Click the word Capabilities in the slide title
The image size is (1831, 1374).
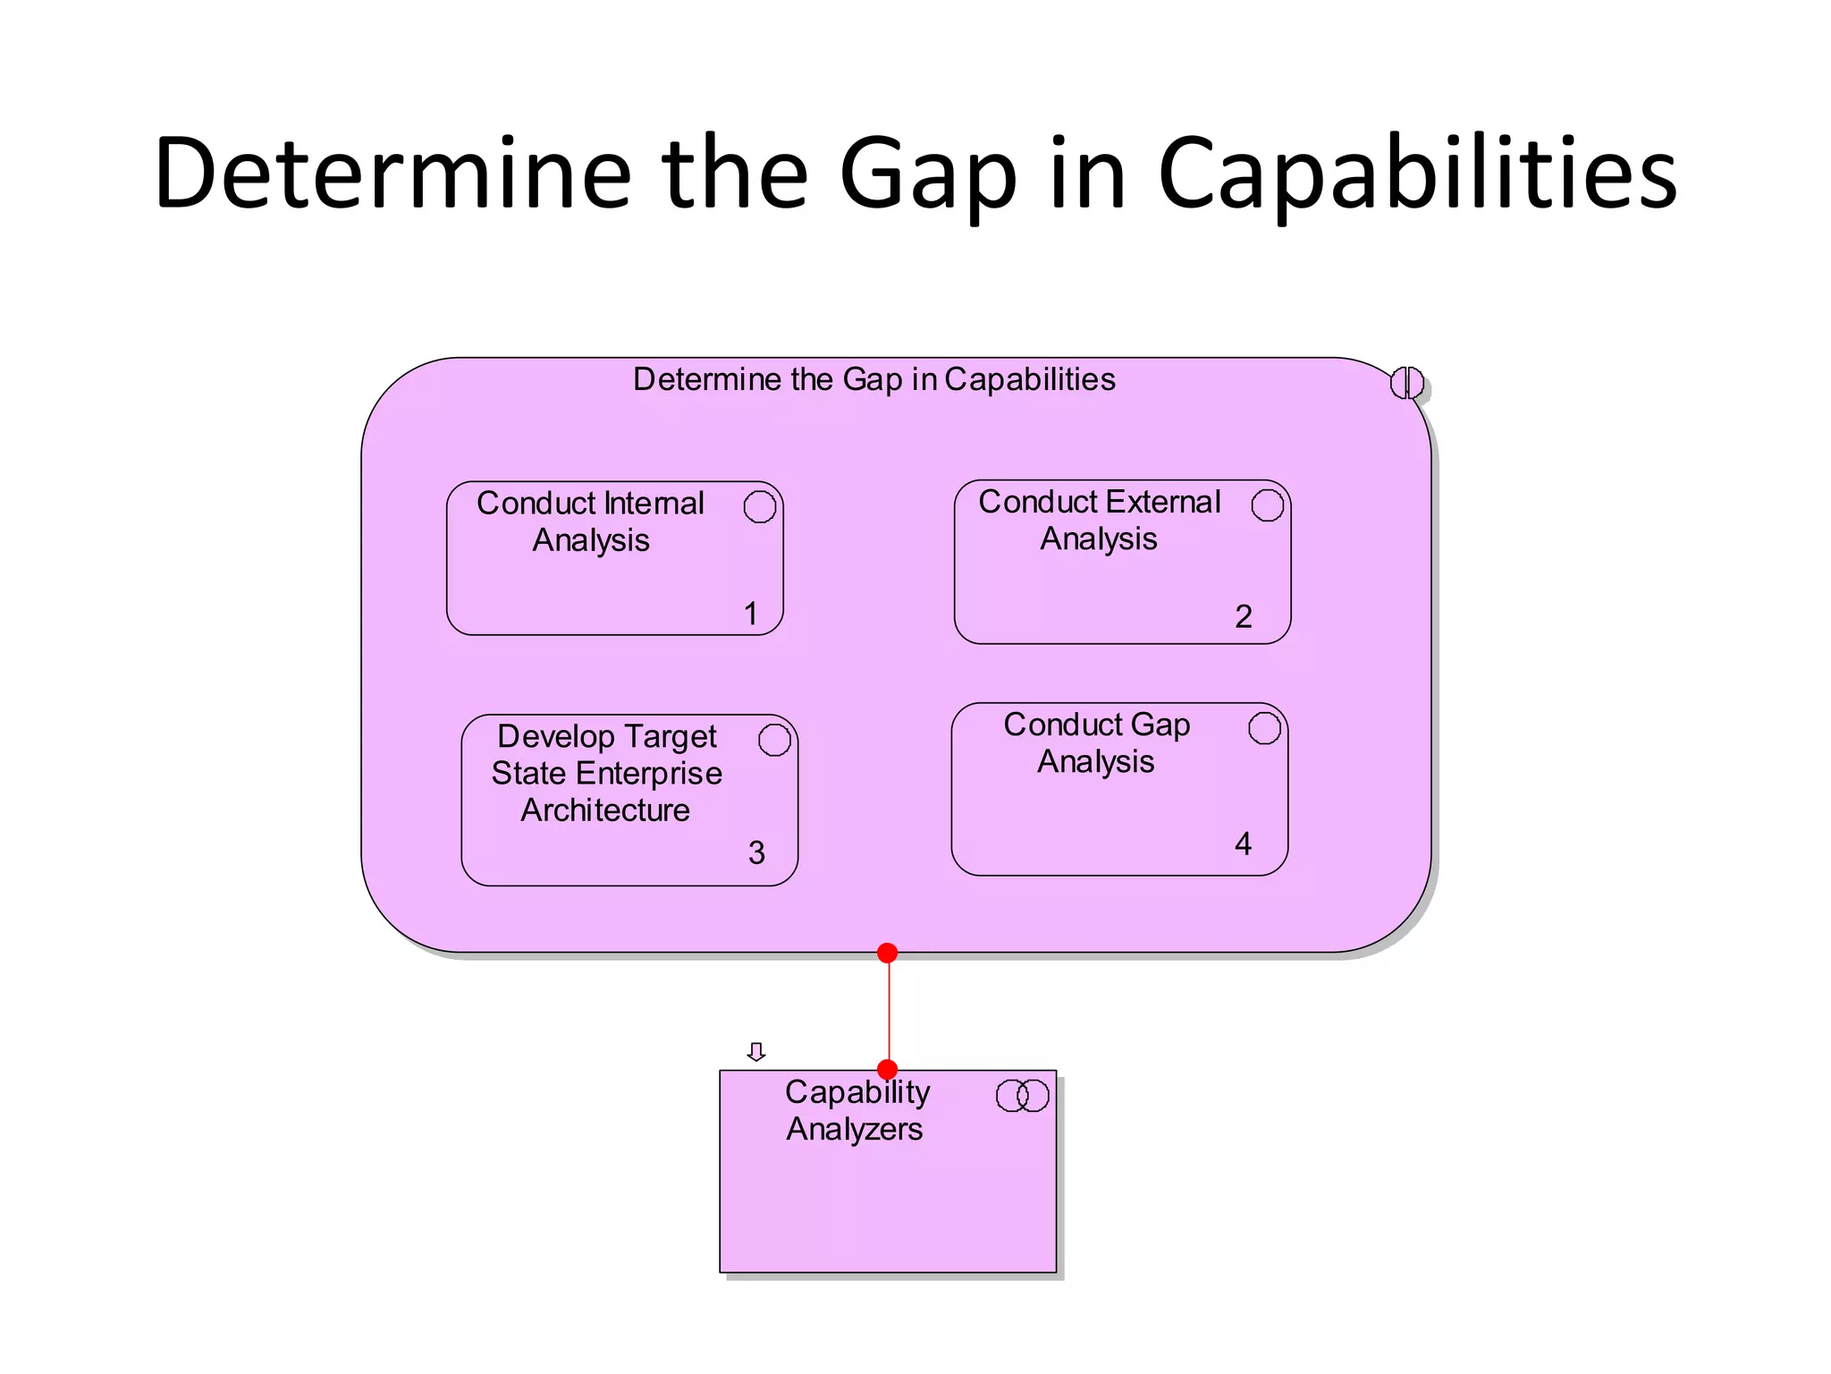click(1417, 174)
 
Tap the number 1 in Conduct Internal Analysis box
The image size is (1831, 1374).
click(751, 614)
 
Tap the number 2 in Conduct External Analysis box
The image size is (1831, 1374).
click(1243, 616)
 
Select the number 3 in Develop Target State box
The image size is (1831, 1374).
click(756, 852)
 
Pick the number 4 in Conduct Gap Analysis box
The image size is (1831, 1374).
click(1243, 844)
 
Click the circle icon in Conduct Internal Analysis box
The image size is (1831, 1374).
click(759, 506)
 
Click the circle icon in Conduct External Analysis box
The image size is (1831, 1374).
click(1267, 505)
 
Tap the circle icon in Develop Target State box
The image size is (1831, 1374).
click(774, 740)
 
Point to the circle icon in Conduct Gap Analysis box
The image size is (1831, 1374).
click(1264, 728)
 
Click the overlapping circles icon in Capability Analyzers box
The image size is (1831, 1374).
click(1022, 1096)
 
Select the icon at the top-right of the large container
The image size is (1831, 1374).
click(1406, 383)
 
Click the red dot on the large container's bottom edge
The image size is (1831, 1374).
click(887, 954)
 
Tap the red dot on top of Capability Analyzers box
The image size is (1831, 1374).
click(887, 1070)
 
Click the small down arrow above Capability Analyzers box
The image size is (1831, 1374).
click(756, 1052)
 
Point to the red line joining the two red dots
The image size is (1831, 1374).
click(889, 1011)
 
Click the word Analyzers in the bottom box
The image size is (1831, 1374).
click(854, 1130)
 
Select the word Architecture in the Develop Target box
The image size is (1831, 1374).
click(605, 810)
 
